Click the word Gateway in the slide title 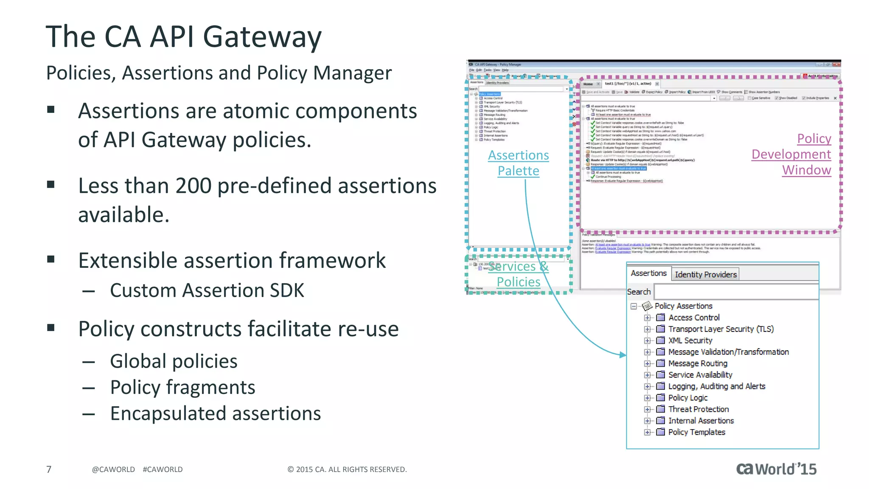click(262, 37)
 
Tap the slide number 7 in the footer click(49, 469)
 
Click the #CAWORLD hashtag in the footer click(163, 469)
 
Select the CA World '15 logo click(776, 469)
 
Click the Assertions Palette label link click(518, 163)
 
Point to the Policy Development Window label click(791, 154)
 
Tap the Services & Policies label click(518, 274)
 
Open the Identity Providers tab click(705, 274)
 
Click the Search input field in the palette click(736, 292)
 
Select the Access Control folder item click(694, 318)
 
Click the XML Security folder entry click(690, 340)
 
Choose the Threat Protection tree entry click(698, 409)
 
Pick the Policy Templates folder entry click(697, 432)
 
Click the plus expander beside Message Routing click(647, 363)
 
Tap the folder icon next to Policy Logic click(661, 398)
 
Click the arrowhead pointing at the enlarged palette click(623, 354)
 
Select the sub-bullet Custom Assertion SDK click(207, 291)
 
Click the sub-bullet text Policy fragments click(182, 387)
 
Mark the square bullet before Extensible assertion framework click(51, 259)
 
